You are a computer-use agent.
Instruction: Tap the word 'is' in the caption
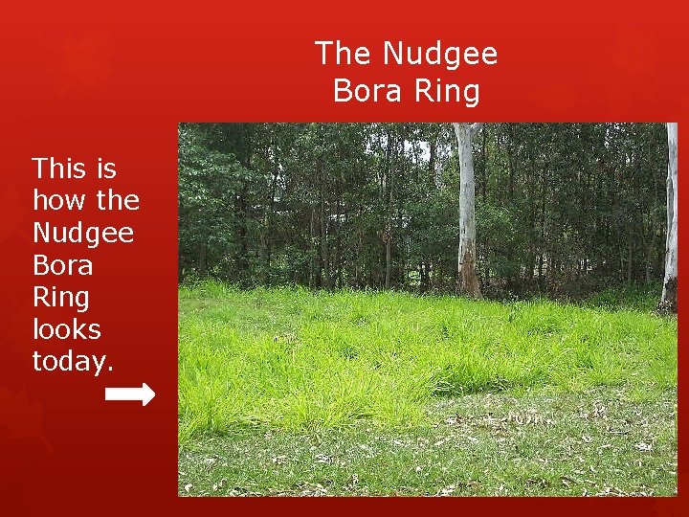coord(106,169)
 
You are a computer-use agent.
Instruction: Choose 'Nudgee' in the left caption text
coord(83,233)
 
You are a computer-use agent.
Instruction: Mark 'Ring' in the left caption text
coord(60,297)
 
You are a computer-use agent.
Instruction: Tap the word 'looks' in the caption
coord(66,328)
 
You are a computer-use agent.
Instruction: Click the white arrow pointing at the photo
coord(129,394)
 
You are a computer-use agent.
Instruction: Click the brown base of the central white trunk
coord(468,281)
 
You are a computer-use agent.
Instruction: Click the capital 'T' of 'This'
coord(40,169)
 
